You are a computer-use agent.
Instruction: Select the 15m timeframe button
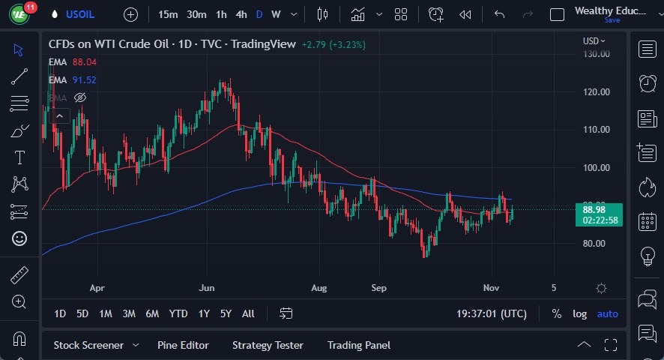pos(168,14)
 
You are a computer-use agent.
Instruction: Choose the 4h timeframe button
pos(241,14)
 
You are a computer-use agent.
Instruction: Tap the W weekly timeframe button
pos(276,14)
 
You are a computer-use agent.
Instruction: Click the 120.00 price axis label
pos(597,91)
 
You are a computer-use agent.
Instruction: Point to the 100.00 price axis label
pos(597,167)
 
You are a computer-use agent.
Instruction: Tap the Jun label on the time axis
pos(208,287)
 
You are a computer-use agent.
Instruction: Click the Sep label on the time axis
pos(378,287)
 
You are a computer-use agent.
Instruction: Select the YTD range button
pos(178,313)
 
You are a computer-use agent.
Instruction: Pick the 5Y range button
pos(226,313)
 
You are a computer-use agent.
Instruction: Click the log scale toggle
pos(580,313)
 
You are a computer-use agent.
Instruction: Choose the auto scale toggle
pos(608,313)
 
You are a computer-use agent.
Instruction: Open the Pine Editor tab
pos(183,345)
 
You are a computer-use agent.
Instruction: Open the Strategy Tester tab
pos(268,345)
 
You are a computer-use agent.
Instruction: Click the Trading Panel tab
pos(359,345)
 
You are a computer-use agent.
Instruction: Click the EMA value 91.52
pos(84,80)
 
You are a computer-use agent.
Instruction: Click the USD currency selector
pos(594,41)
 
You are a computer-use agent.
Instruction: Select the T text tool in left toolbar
pos(19,157)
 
